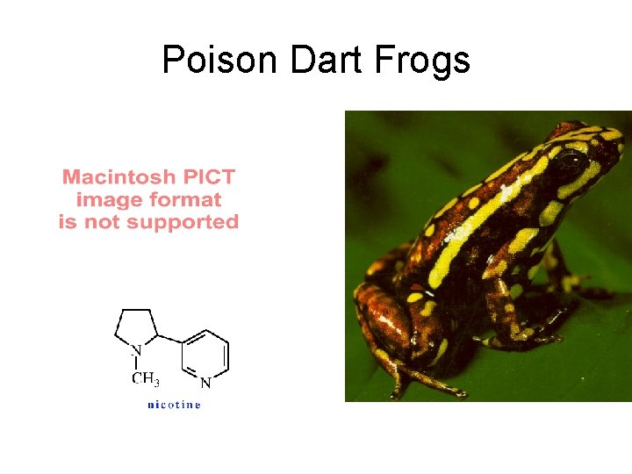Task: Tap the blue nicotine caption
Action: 174,405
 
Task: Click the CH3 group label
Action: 145,380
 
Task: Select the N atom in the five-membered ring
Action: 136,351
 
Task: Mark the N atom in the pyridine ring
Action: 205,383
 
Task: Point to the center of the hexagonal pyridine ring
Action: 205,355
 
